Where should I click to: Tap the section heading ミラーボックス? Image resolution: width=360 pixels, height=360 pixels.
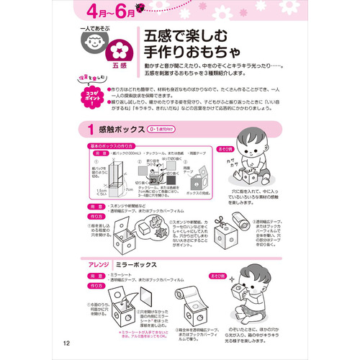pos(136,264)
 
